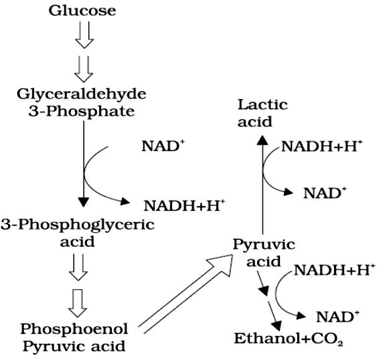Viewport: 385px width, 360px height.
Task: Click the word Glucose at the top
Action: [x=82, y=11]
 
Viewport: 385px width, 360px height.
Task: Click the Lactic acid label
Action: [x=263, y=112]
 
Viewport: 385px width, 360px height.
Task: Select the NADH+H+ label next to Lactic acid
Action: [x=321, y=147]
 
